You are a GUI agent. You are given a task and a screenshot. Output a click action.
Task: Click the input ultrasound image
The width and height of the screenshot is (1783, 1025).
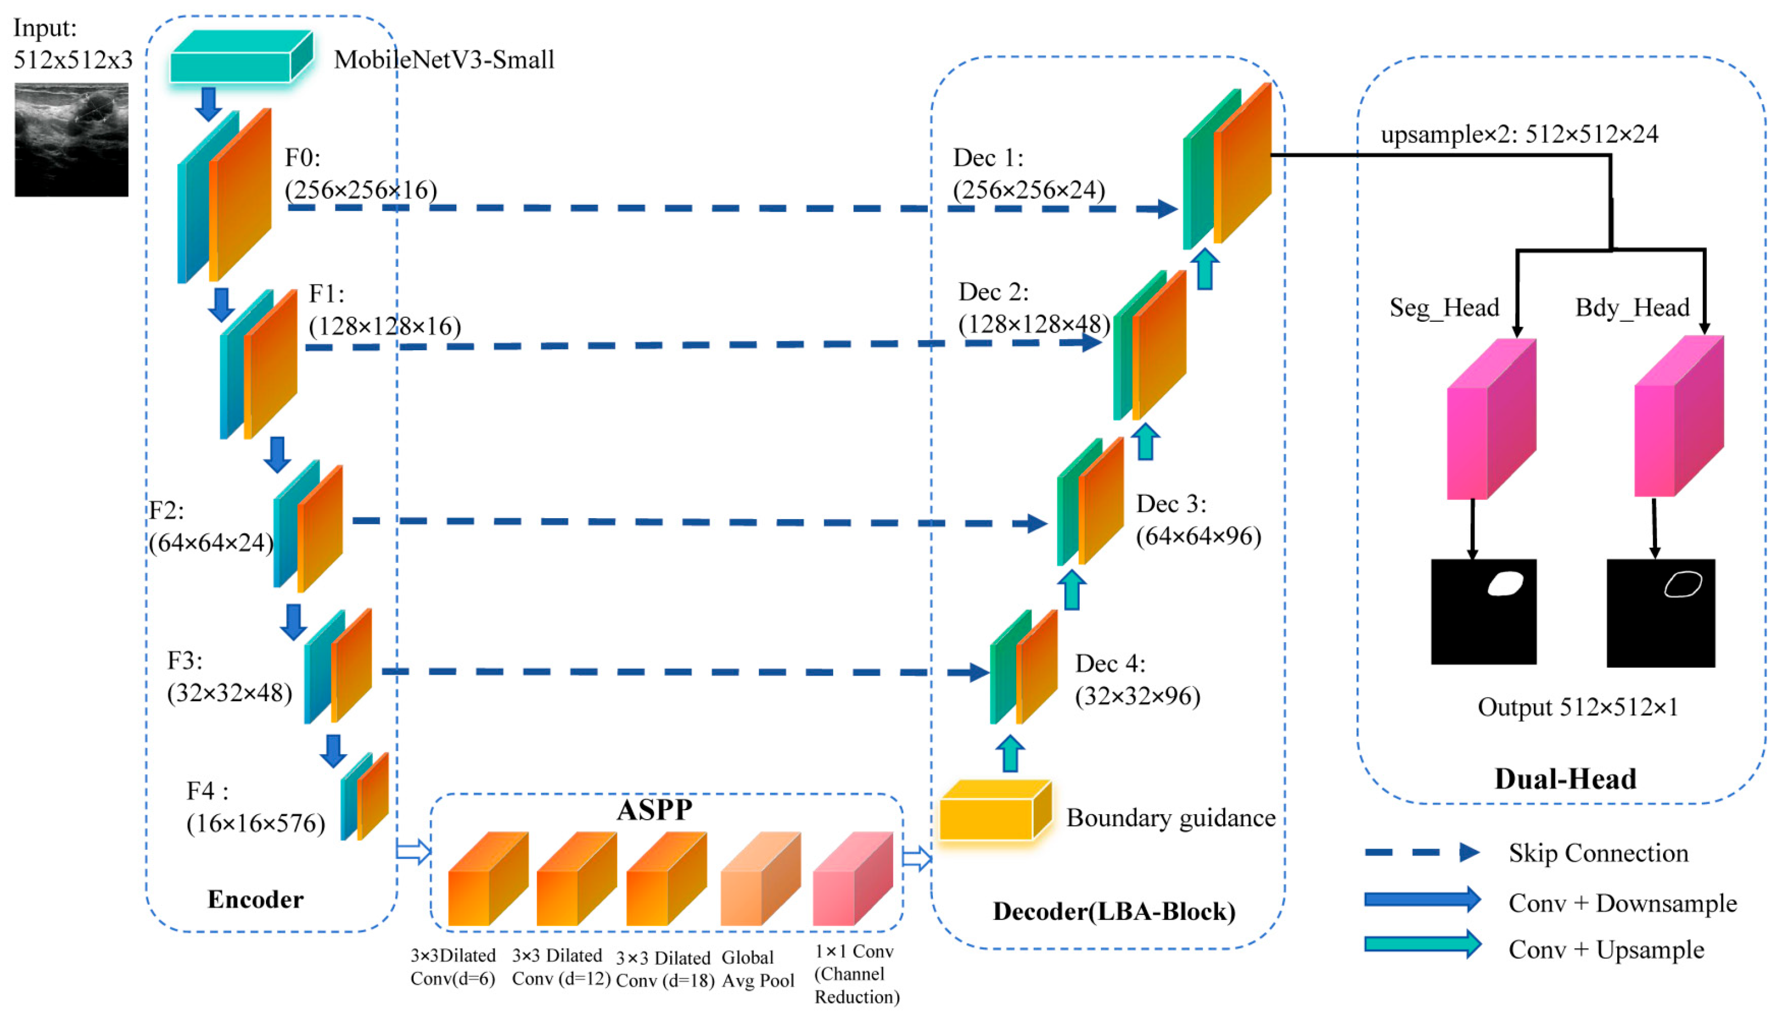tap(71, 139)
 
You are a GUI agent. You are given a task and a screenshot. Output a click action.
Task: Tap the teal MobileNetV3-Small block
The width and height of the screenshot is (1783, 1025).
tap(240, 58)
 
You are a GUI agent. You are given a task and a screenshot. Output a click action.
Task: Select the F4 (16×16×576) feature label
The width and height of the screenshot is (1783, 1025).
tap(255, 807)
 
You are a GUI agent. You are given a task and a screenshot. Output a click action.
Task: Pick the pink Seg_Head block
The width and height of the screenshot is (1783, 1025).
tap(1490, 420)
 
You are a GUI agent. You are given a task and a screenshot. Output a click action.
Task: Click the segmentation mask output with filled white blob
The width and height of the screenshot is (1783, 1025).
tap(1483, 612)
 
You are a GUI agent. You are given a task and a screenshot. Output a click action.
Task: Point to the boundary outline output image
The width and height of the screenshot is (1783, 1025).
tap(1660, 613)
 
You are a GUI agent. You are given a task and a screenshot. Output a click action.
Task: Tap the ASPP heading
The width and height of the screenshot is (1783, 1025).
tap(654, 810)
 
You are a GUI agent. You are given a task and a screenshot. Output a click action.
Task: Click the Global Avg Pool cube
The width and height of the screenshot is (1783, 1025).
tap(759, 880)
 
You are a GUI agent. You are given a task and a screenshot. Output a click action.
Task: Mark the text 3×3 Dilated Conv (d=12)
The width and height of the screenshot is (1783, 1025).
tap(560, 967)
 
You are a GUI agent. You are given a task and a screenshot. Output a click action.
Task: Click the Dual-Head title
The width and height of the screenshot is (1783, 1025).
tap(1565, 779)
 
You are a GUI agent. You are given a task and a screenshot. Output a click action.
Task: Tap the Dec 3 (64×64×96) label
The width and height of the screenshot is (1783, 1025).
tap(1198, 520)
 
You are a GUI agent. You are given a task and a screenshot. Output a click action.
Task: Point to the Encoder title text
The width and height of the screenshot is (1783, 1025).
tap(255, 900)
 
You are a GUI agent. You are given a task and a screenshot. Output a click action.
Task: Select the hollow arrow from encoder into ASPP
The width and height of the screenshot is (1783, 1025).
tap(413, 851)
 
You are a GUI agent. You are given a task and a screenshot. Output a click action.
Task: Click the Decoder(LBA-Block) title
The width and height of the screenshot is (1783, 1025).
tap(1114, 911)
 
